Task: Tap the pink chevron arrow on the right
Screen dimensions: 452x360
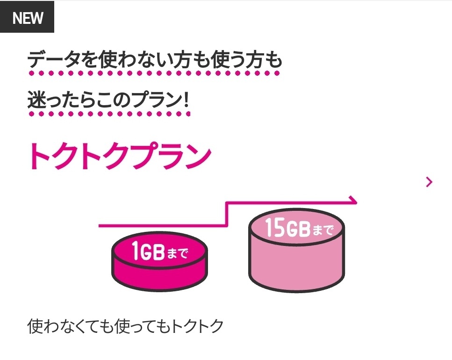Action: pyautogui.click(x=429, y=182)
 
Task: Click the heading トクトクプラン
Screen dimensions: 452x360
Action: pyautogui.click(x=120, y=156)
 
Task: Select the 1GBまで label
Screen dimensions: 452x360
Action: pyautogui.click(x=159, y=252)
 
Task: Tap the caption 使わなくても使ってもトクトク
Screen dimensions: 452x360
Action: pyautogui.click(x=125, y=326)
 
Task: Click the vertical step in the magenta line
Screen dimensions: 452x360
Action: pyautogui.click(x=226, y=214)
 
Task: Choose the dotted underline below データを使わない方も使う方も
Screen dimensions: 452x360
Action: pyautogui.click(x=154, y=73)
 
